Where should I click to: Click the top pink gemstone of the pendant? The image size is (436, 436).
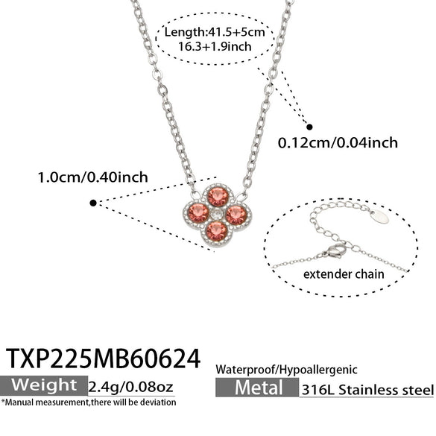(x=218, y=197)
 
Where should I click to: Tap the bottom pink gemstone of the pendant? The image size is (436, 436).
(x=217, y=231)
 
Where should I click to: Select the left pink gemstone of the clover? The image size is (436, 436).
(x=198, y=213)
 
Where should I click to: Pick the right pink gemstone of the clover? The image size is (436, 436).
(x=236, y=215)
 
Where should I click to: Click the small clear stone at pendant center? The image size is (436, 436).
(x=216, y=214)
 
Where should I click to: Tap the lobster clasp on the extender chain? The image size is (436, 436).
(x=335, y=250)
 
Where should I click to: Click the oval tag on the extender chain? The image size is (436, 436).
(x=380, y=217)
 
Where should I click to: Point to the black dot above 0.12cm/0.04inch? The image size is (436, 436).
(x=309, y=127)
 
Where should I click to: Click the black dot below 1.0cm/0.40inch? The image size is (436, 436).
(x=93, y=203)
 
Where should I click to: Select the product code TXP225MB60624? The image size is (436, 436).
(x=103, y=358)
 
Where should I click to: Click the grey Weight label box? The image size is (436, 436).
(x=44, y=385)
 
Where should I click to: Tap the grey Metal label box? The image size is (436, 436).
(x=257, y=388)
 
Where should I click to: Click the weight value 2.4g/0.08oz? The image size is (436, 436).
(x=130, y=387)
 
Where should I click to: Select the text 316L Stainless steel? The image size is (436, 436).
(x=367, y=390)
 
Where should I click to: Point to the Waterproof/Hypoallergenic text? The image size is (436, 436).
(x=286, y=370)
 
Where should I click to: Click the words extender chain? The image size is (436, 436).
(x=344, y=274)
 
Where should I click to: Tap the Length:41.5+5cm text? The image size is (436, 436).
(x=215, y=32)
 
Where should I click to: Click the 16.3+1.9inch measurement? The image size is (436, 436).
(x=215, y=46)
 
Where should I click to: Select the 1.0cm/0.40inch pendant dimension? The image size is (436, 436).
(x=92, y=177)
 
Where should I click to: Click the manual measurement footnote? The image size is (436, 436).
(x=89, y=402)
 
